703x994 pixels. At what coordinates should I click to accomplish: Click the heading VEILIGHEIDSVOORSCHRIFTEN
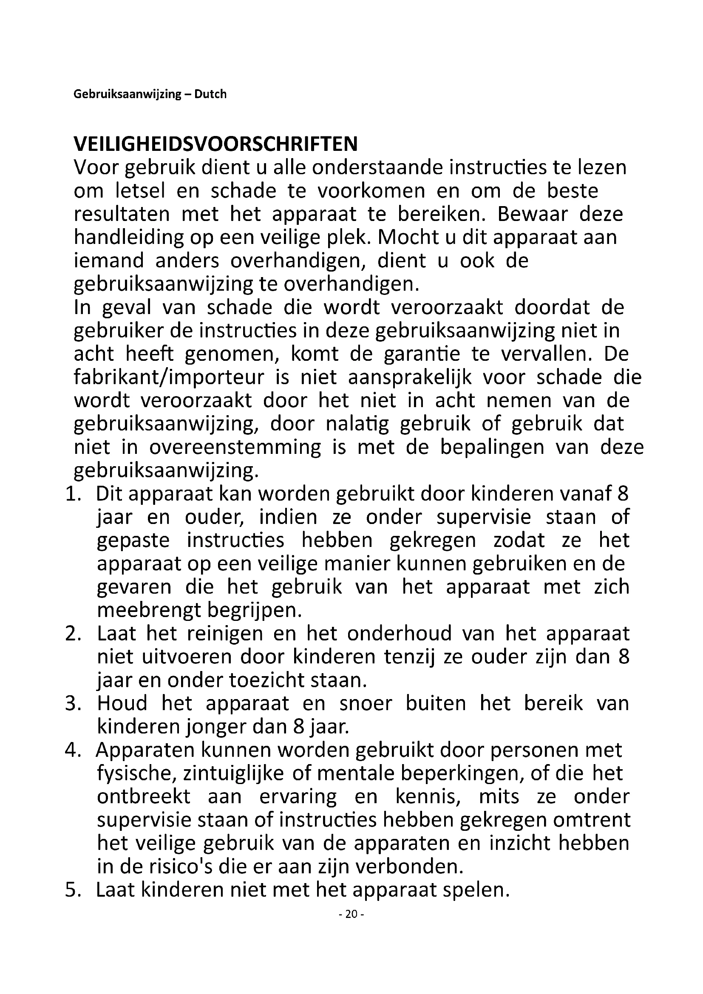tap(215, 144)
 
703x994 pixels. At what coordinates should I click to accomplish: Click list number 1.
tap(73, 494)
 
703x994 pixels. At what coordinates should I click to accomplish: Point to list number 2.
tap(73, 634)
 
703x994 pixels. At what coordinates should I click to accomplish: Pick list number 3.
tap(73, 703)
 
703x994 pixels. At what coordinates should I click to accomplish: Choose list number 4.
tap(73, 750)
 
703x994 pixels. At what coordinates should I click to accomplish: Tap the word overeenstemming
tap(235, 447)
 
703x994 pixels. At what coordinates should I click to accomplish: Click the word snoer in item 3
tap(366, 703)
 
